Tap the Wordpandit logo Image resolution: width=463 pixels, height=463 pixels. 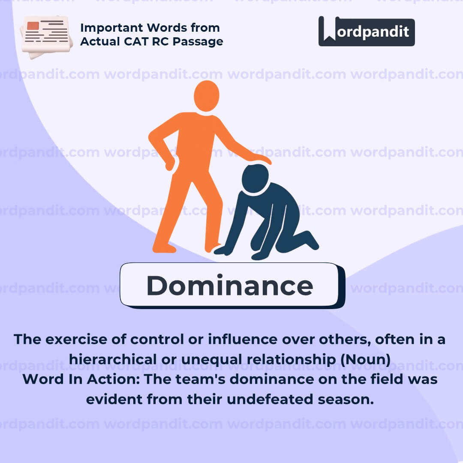(x=367, y=32)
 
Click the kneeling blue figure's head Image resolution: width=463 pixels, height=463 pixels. (x=255, y=179)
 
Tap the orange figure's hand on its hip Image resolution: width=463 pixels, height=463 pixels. (x=170, y=163)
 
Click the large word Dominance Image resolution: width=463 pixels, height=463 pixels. (x=230, y=286)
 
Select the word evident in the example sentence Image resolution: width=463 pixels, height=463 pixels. (x=112, y=399)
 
